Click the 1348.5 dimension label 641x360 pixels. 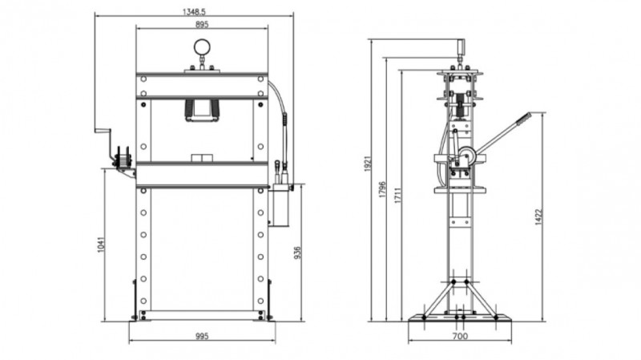(x=194, y=12)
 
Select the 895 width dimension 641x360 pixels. (x=202, y=25)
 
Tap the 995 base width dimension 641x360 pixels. (x=202, y=336)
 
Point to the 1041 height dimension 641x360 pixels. (x=102, y=245)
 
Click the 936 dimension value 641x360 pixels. (x=297, y=253)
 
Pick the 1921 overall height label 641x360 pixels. (x=368, y=164)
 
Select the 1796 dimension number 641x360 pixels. (x=382, y=189)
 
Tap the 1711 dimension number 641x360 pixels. (x=397, y=196)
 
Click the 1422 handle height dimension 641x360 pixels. (x=538, y=216)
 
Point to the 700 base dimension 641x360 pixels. (x=460, y=336)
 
